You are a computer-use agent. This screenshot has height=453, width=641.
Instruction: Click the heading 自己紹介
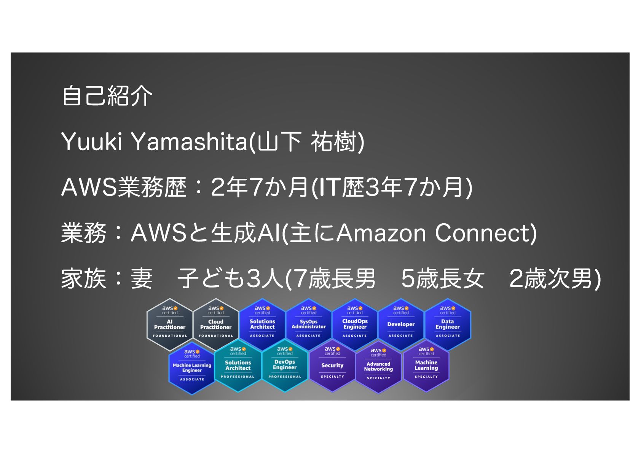[x=107, y=95]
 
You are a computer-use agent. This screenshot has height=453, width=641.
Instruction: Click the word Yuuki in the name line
[x=91, y=141]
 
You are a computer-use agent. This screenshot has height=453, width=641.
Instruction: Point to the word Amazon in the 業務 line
[x=381, y=233]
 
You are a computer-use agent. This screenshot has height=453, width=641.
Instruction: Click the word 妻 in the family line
[x=142, y=278]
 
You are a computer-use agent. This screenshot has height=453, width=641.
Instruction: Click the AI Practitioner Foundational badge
[x=170, y=324]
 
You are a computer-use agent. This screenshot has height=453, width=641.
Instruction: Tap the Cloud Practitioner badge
[x=216, y=324]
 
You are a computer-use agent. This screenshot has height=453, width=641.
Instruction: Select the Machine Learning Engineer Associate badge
[x=192, y=367]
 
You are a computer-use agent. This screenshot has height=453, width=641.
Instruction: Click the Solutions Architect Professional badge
[x=238, y=365]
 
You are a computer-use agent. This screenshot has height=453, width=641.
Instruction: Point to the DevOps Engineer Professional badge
[x=285, y=365]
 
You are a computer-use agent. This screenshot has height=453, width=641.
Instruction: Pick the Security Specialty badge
[x=332, y=365]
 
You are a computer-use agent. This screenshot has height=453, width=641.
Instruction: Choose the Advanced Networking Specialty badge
[x=378, y=367]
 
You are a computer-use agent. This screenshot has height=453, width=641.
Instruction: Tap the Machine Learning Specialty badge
[x=426, y=365]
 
